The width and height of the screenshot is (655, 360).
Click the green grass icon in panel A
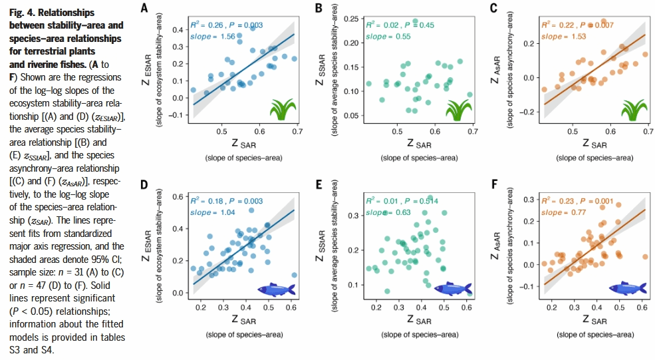[x=283, y=108]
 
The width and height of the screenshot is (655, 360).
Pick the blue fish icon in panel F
[x=628, y=287]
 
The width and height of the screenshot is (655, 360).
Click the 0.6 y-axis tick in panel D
[x=176, y=197]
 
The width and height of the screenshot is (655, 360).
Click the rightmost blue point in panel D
[x=294, y=274]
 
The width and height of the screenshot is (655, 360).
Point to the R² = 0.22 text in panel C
[x=559, y=25]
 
